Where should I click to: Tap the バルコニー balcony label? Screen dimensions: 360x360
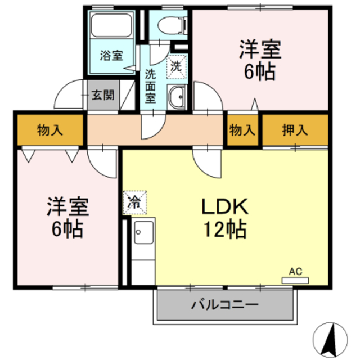pos(224,305)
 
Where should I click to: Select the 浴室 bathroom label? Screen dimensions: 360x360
pos(111,56)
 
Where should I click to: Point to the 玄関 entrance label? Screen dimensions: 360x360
pos(103,95)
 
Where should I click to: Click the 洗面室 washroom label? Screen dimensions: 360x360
pos(150,84)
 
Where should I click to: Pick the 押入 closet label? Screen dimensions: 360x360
pos(295,130)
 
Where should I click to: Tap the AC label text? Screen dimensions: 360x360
pos(295,271)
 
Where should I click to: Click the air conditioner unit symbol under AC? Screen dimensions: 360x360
pos(295,279)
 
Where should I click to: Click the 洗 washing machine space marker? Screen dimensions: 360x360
pos(176,66)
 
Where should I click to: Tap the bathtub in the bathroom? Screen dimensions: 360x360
pos(111,26)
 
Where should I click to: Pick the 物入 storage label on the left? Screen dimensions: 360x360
pos(50,130)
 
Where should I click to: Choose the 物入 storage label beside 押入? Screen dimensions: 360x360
pos(242,130)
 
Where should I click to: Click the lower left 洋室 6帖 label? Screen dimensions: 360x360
pos(66,218)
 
